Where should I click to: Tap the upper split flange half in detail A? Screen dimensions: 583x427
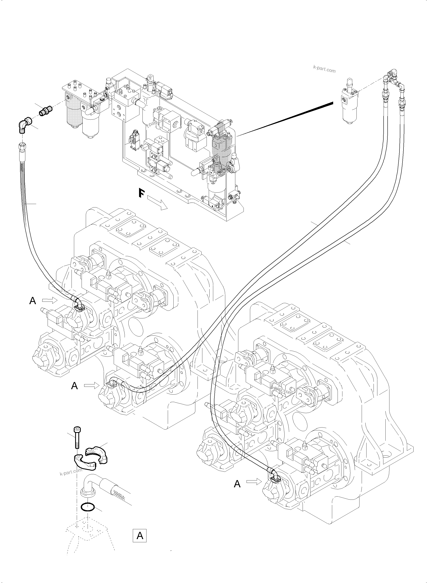tap(96, 455)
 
